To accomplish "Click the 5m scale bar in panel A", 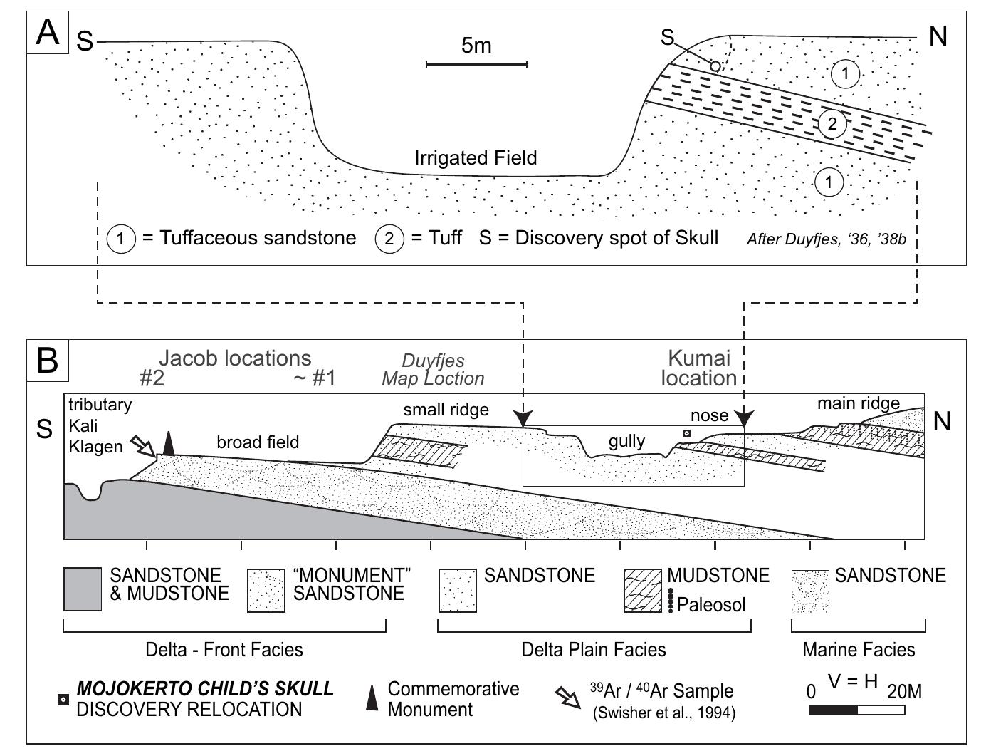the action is [477, 64].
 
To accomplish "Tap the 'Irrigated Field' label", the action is [476, 158].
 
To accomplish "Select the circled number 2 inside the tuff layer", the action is [832, 123].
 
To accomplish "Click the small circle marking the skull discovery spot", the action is [715, 66].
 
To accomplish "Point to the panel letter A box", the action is [48, 32].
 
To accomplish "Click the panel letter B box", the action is [48, 360].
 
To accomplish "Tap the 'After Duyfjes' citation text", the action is [827, 239].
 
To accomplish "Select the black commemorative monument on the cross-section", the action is [169, 443].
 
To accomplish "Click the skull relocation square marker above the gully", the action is [687, 433].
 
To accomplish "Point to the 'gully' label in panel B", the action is [626, 442].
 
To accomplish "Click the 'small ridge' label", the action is [446, 409].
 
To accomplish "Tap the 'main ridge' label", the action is [858, 403].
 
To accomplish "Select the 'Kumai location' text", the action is [699, 368].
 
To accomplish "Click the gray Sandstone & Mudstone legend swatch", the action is [83, 589].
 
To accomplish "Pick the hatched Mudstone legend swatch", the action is [643, 591].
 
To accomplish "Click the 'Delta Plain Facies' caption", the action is [594, 649].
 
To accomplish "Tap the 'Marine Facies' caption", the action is [859, 649].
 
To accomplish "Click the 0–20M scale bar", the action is [856, 710].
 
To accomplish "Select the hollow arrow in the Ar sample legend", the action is [567, 698].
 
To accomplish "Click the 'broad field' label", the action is [258, 442].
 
